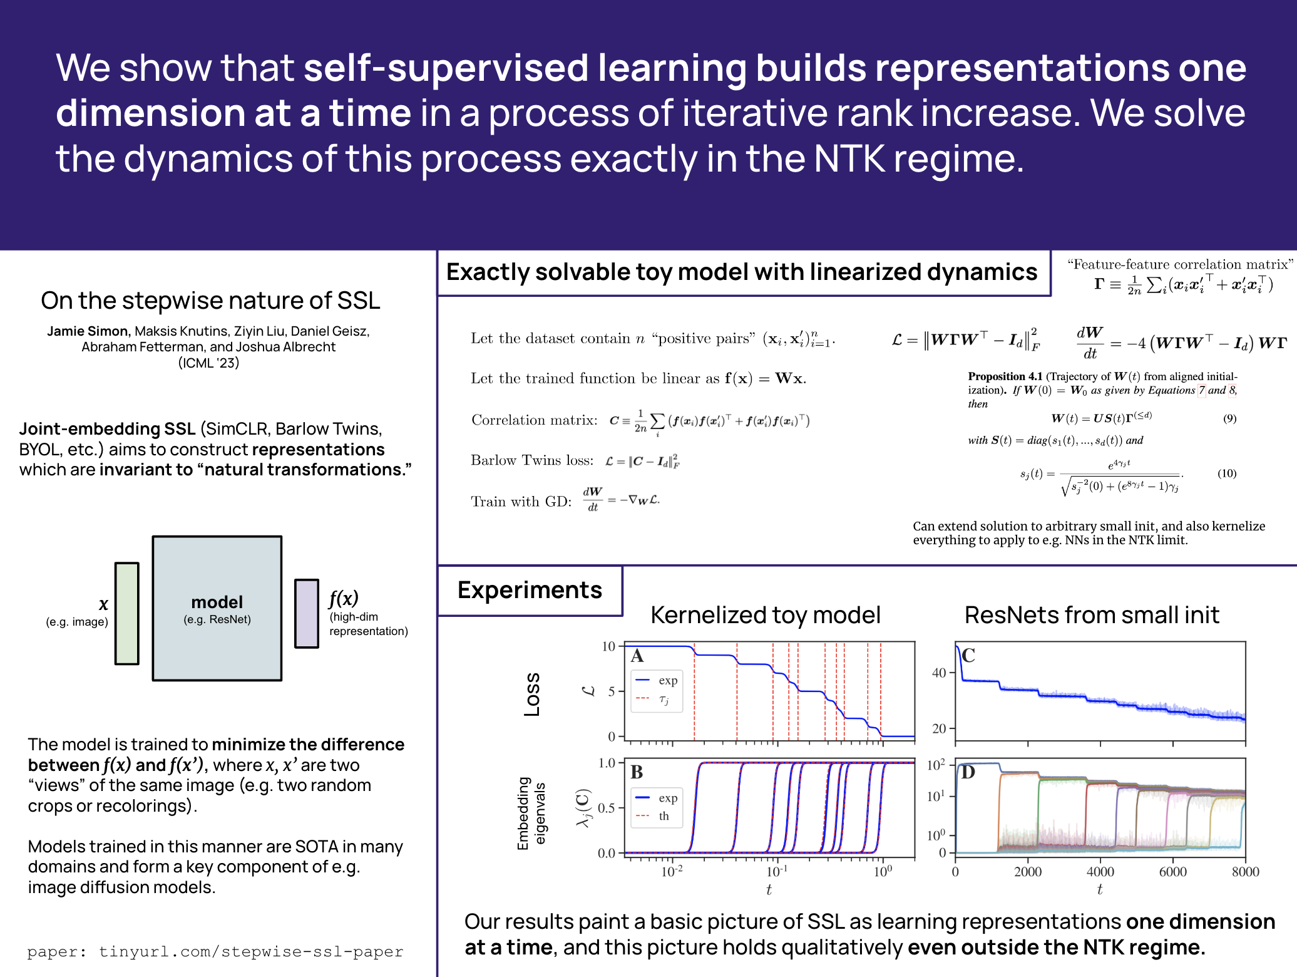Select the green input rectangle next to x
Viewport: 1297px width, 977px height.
(x=127, y=613)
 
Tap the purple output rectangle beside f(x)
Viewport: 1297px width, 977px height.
(x=307, y=613)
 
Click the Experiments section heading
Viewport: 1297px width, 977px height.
(x=530, y=590)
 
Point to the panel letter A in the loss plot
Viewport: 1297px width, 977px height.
(x=637, y=656)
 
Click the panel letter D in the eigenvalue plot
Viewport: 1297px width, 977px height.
(x=968, y=772)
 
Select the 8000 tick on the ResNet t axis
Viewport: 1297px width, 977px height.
(x=1245, y=872)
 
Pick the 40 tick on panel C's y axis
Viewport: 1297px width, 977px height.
(x=939, y=673)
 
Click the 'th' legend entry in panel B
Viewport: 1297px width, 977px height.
(x=664, y=816)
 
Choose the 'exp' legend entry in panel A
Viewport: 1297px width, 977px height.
(x=667, y=680)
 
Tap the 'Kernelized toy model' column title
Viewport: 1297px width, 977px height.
(x=766, y=615)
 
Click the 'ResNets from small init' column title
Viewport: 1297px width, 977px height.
(x=1092, y=615)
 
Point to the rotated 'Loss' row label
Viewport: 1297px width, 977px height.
(x=532, y=695)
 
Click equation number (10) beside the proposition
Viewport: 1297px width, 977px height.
(x=1226, y=473)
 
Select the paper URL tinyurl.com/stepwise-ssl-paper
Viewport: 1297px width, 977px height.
(x=251, y=952)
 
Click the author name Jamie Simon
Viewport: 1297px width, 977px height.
(x=88, y=331)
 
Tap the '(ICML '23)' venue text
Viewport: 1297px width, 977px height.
(x=208, y=363)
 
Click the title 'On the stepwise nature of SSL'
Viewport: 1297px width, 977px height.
(x=210, y=301)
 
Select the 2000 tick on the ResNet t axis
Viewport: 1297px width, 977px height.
(x=1028, y=872)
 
